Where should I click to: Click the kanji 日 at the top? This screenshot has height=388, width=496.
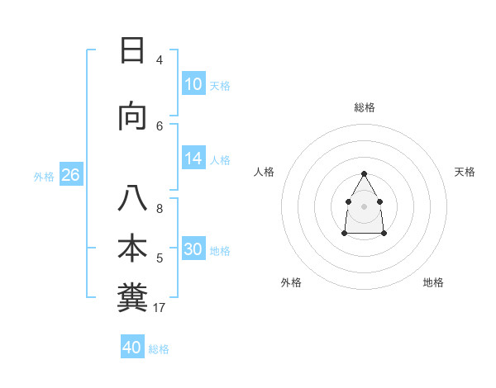132,52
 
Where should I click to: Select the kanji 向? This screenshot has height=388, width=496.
132,117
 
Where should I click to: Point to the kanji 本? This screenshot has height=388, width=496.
132,248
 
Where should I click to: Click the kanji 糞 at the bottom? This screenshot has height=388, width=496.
132,296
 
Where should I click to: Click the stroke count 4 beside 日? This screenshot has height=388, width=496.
160,59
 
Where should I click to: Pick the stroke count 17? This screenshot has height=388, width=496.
160,308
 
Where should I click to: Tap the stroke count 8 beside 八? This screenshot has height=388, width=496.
160,209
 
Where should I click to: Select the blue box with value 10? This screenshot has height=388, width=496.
193,84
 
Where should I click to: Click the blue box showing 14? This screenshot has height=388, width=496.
193,159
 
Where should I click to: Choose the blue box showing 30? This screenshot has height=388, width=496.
193,249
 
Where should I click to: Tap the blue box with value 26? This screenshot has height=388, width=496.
70,175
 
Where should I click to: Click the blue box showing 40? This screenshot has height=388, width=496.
132,348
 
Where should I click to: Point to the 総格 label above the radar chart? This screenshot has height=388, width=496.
365,107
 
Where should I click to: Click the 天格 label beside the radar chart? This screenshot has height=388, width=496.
465,172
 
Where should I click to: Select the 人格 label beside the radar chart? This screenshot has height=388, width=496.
265,172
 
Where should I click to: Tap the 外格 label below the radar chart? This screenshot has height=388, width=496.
291,282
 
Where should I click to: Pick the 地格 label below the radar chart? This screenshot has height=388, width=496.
433,282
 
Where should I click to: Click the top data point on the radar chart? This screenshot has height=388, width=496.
365,173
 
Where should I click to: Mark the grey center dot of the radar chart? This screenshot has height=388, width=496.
365,206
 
